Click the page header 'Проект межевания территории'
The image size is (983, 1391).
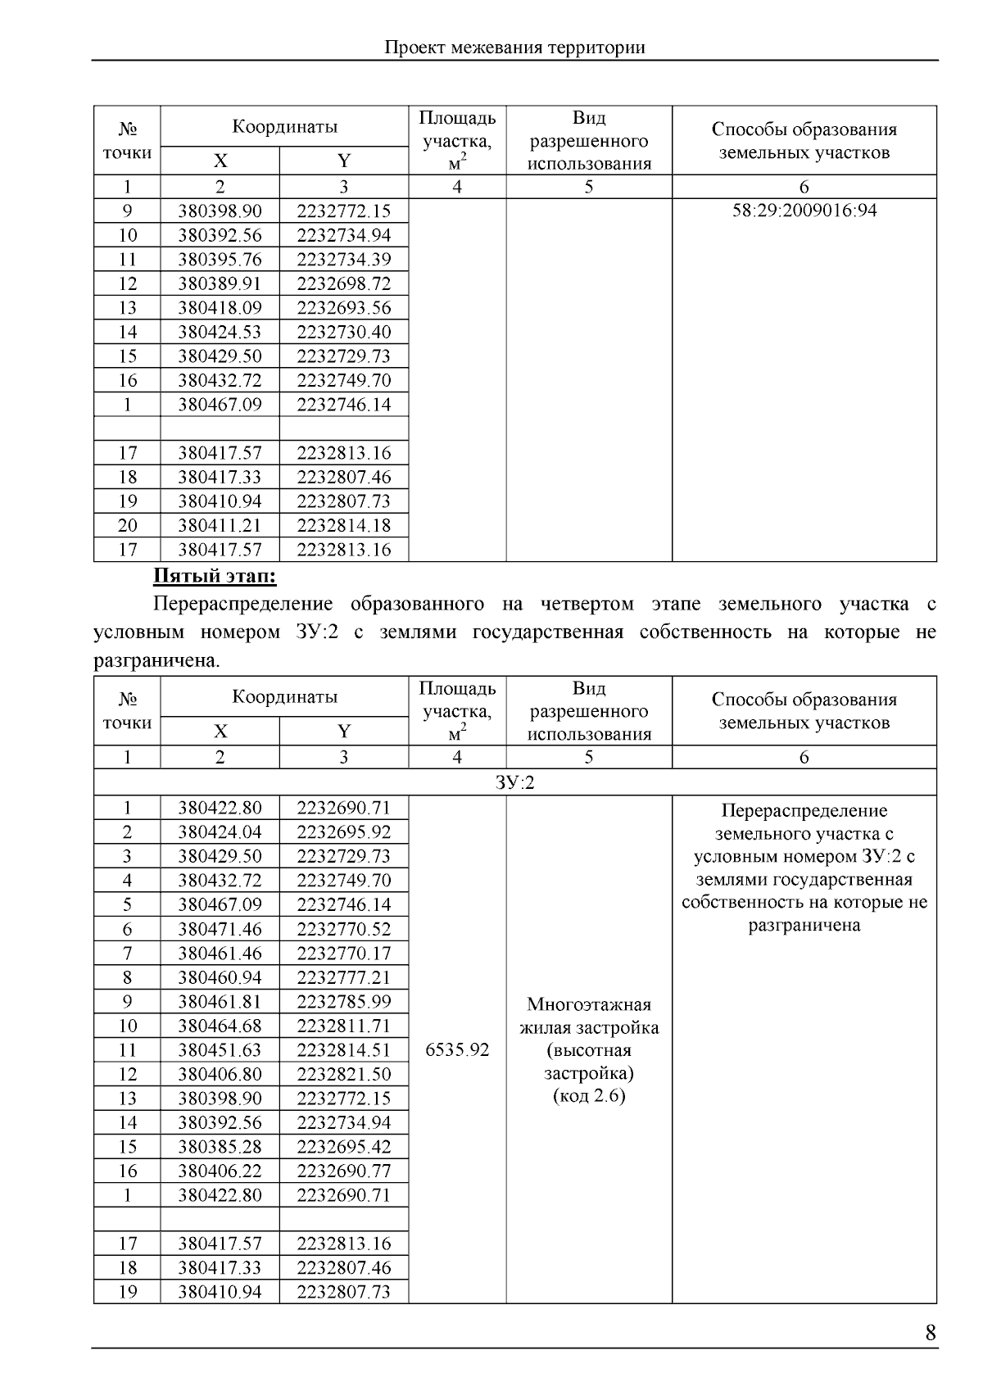[514, 48]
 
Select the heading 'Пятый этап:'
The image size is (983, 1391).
[215, 577]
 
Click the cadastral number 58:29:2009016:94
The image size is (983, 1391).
[804, 211]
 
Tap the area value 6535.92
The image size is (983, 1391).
[457, 1049]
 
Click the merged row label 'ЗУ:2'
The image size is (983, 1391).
[514, 782]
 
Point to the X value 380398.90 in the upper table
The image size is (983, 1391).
[220, 211]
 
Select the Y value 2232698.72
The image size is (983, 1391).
[343, 283]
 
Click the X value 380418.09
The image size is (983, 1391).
[220, 308]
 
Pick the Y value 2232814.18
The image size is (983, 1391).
[343, 525]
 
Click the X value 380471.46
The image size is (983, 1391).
[220, 929]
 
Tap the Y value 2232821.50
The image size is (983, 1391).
[343, 1074]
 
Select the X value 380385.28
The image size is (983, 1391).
[220, 1147]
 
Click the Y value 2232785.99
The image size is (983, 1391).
[343, 1001]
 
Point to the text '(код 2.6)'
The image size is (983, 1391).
[588, 1096]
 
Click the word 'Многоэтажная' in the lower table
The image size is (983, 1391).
[588, 1004]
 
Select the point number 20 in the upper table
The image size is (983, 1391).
[127, 525]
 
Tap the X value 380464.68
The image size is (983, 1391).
[220, 1026]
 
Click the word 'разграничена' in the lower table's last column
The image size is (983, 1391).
[804, 926]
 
